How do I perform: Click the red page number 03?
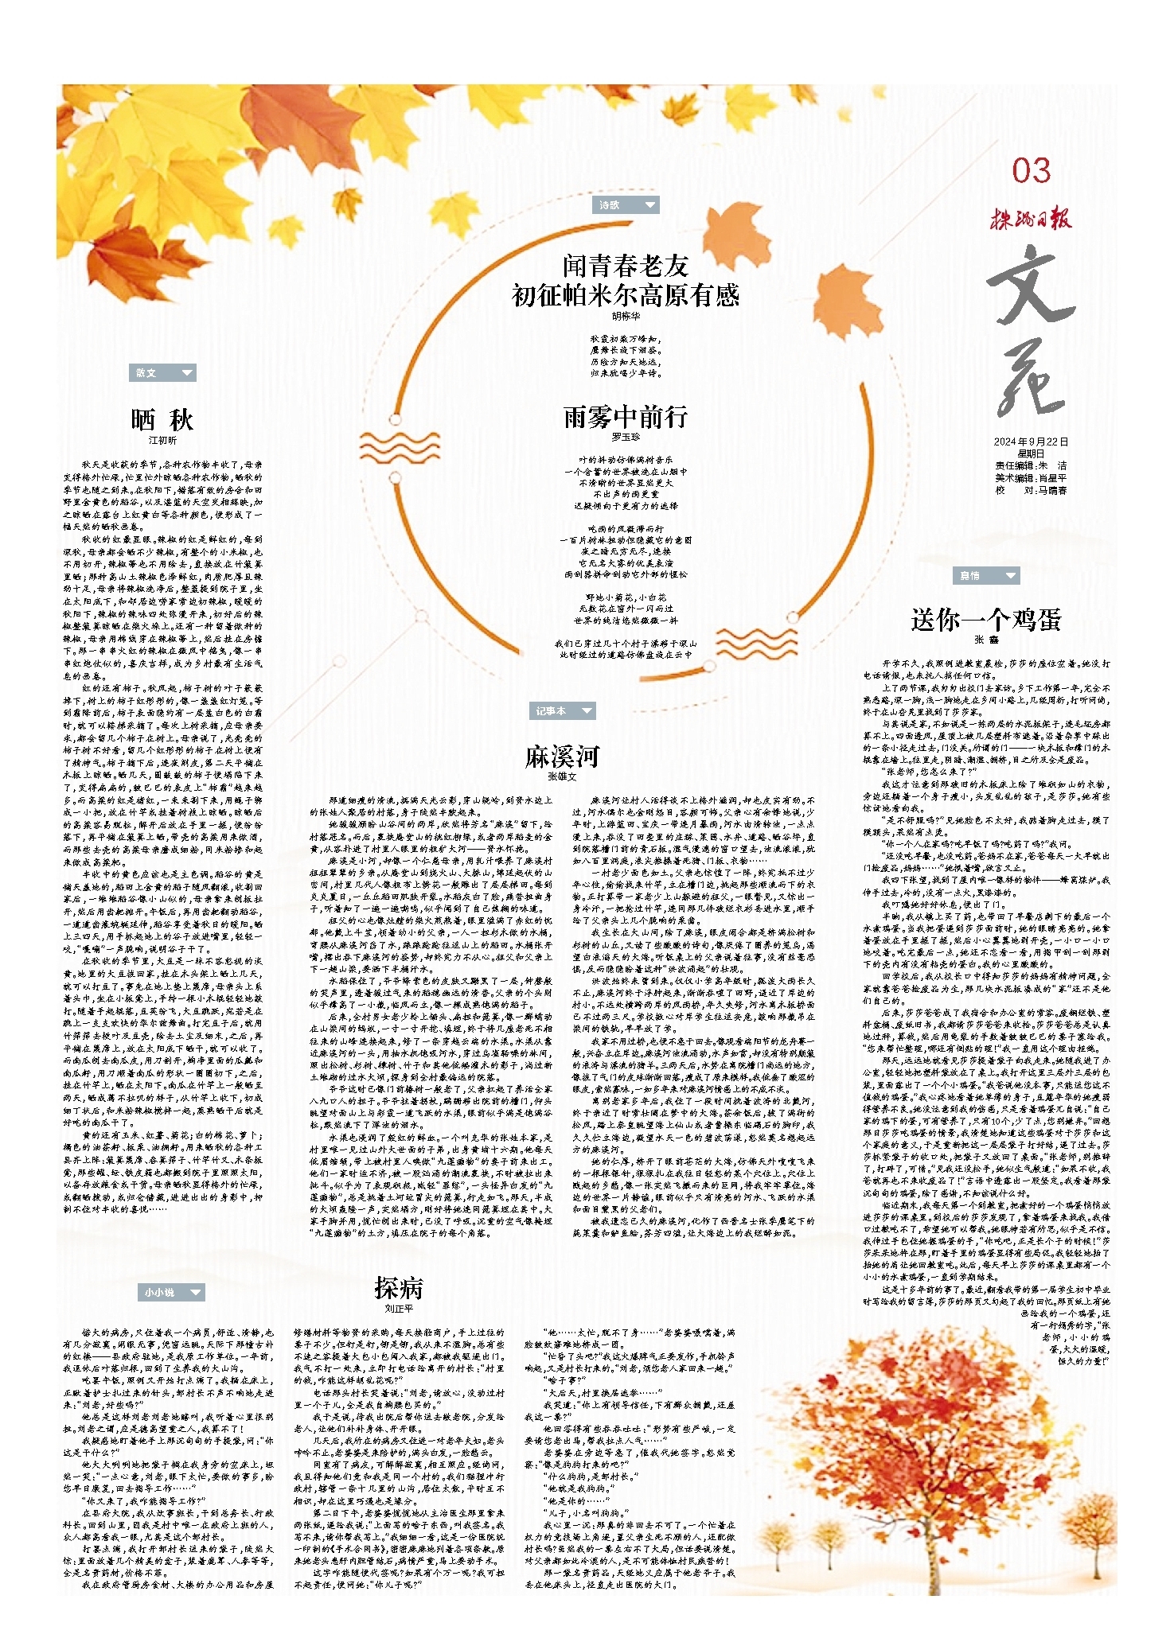(1031, 171)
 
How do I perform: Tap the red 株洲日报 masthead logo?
(1031, 217)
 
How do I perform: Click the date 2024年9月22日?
(1031, 442)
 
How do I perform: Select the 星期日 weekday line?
(1031, 453)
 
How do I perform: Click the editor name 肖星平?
(1051, 478)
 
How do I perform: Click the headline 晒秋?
(162, 419)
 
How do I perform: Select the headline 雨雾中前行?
(626, 416)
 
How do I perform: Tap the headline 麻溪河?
(562, 757)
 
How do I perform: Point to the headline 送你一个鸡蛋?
(986, 619)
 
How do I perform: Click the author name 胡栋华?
(626, 316)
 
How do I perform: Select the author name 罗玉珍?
(626, 437)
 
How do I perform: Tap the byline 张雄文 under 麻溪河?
(562, 776)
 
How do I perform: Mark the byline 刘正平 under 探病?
(399, 1308)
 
